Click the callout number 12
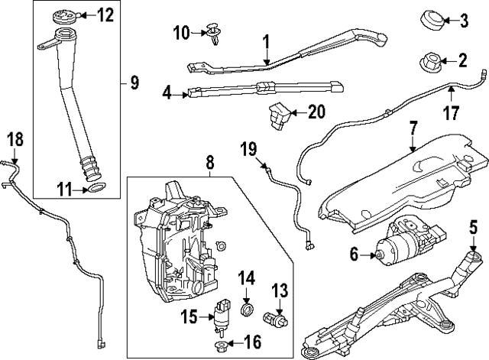pyautogui.click(x=105, y=14)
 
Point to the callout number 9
pyautogui.click(x=134, y=82)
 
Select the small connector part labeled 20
pyautogui.click(x=278, y=113)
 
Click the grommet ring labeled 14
pyautogui.click(x=246, y=310)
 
